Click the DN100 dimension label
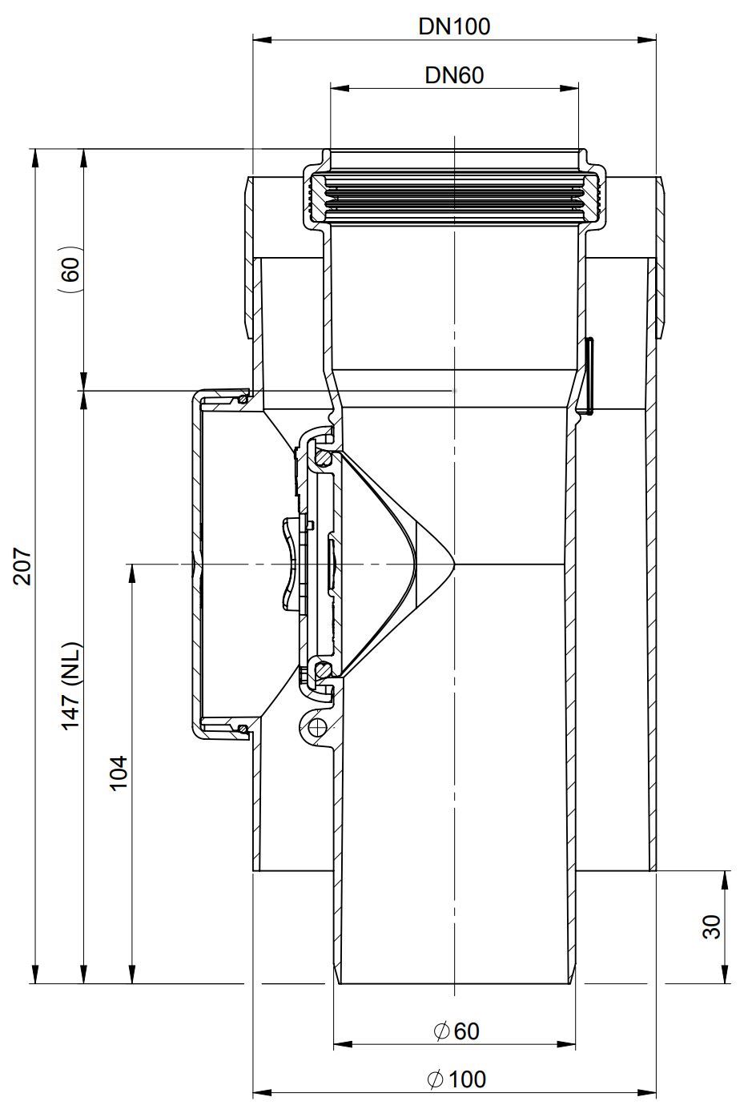click(454, 26)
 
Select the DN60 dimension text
click(454, 75)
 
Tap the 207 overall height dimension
click(24, 566)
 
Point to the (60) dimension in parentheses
click(73, 269)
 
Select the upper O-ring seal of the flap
click(324, 456)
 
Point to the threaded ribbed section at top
click(454, 197)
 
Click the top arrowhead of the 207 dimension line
click(35, 159)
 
